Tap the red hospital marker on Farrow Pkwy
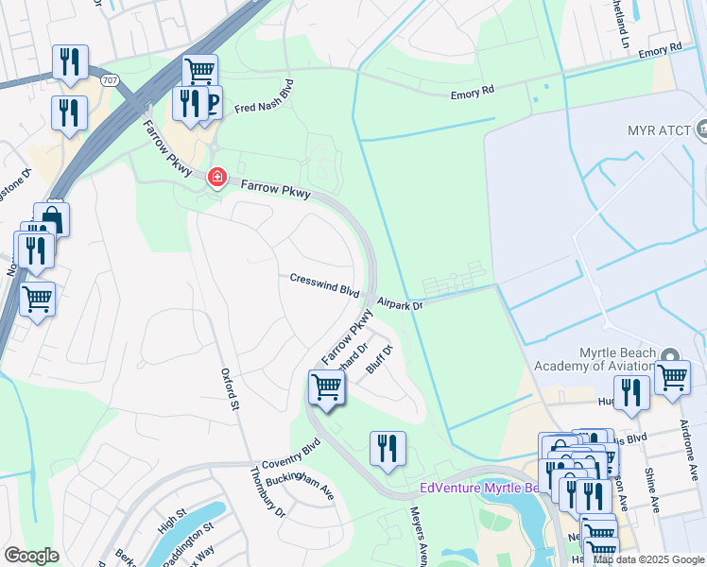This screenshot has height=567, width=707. [216, 177]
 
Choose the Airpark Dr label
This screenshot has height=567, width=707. [399, 303]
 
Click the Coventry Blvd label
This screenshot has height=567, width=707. [292, 452]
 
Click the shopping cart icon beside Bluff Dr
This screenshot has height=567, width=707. [326, 387]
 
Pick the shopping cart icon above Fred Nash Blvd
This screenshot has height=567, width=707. [199, 70]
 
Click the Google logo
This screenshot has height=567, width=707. [31, 556]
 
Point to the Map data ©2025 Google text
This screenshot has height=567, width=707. [648, 558]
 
